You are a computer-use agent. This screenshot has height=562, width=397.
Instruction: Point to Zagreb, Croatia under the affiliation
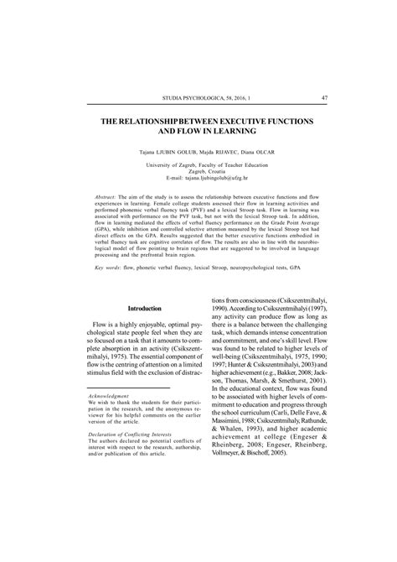198,173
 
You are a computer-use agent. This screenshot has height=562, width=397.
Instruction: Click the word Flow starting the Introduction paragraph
104,323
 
